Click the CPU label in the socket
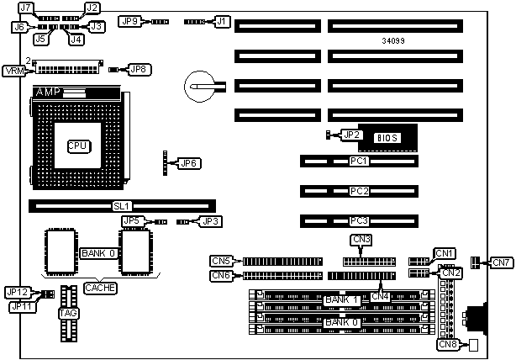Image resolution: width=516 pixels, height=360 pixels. pos(78,146)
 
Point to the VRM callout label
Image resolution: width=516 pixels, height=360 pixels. pos(14,70)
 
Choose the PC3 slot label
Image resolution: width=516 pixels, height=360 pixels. pos(360,221)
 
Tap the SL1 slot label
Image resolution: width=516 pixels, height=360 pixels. pos(123,204)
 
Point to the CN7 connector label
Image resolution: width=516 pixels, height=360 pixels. pos(502,263)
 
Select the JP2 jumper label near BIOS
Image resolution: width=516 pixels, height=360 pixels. pos(351,134)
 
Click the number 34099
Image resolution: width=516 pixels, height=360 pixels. pos(393,40)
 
